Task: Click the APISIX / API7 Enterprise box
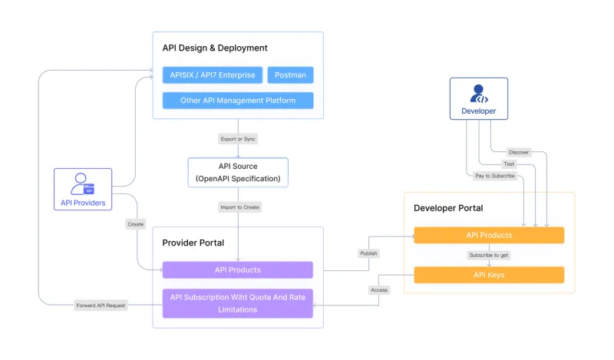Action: pos(213,75)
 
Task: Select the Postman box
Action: pos(290,75)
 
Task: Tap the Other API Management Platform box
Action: pos(238,101)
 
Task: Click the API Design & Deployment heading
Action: pos(215,48)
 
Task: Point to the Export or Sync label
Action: pos(238,139)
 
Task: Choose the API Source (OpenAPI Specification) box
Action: pos(238,173)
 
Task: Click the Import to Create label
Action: pos(238,207)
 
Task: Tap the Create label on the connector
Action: pos(136,224)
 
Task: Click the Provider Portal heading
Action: pos(193,243)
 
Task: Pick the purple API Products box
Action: pos(238,270)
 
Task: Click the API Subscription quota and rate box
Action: pos(238,303)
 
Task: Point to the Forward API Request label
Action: pos(101,305)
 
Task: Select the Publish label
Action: pos(369,253)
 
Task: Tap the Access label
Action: pos(379,290)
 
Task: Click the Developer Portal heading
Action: pos(448,208)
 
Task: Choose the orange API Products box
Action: pos(489,235)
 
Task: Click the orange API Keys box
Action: pos(489,275)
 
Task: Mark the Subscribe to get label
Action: pos(489,255)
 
